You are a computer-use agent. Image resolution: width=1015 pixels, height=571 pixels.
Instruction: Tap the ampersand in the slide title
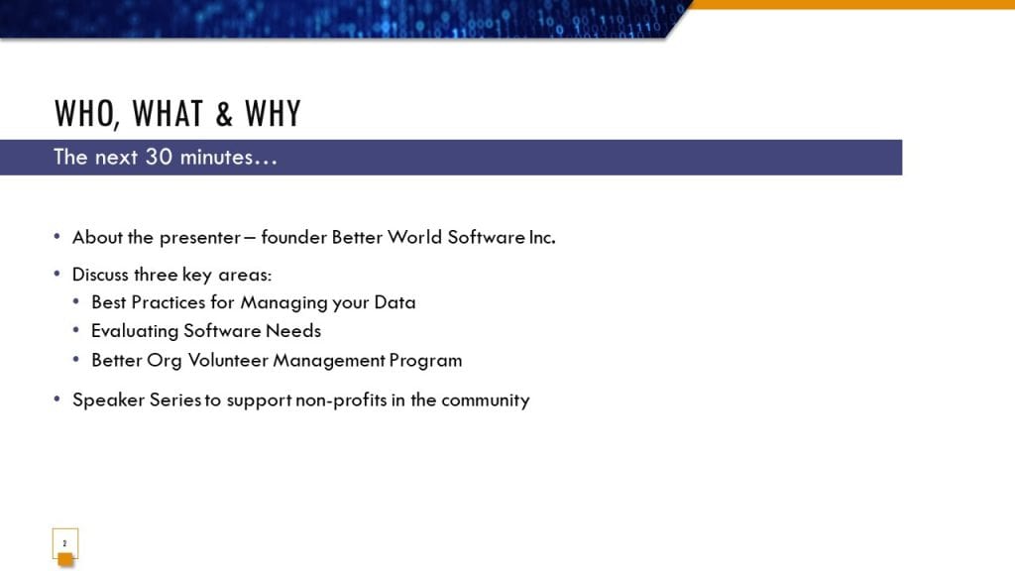(224, 114)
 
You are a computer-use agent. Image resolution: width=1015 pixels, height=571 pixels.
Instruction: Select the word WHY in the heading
(274, 113)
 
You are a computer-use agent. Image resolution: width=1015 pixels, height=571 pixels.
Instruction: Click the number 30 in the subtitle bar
(159, 157)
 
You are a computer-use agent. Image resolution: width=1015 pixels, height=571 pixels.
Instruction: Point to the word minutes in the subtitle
(216, 158)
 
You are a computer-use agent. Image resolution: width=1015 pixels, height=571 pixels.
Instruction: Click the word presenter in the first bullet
(200, 238)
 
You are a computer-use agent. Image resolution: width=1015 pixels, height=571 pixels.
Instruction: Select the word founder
(293, 237)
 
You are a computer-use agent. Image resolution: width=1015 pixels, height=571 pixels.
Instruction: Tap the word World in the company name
(414, 237)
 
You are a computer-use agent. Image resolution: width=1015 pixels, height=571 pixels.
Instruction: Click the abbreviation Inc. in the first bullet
(542, 237)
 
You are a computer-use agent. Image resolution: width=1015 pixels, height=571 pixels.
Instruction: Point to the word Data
(395, 302)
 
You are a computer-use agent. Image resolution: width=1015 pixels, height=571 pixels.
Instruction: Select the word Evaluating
(135, 331)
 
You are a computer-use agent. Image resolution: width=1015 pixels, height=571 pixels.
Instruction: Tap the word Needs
(293, 331)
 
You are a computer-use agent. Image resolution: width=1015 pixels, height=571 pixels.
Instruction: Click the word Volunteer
(223, 360)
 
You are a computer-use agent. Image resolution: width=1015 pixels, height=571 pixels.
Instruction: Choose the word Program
(425, 361)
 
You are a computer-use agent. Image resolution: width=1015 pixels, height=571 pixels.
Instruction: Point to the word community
(486, 400)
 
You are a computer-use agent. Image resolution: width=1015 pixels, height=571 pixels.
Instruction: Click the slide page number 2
(64, 543)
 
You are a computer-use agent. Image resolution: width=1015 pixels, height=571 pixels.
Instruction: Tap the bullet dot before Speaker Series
(57, 399)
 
